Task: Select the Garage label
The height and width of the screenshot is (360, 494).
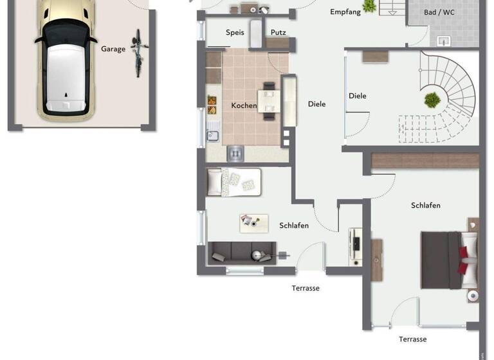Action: point(113,49)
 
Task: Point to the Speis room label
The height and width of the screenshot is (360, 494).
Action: point(235,32)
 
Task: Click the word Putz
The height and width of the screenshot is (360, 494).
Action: point(278,32)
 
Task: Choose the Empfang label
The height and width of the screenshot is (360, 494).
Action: point(345,12)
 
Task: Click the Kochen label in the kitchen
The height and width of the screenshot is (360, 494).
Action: point(244,105)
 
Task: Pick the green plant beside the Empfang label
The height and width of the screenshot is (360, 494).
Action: point(370,6)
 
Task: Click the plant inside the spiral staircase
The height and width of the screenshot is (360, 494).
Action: point(432,100)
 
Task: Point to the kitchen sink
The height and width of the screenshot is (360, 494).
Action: point(213,136)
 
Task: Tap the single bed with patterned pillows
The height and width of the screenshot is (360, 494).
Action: point(233,182)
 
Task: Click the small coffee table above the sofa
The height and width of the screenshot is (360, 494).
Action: point(253,223)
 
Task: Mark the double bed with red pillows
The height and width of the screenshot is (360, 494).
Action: point(449,259)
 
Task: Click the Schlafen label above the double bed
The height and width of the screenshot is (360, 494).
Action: point(426,205)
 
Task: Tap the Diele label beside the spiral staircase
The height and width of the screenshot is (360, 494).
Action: point(358,96)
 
